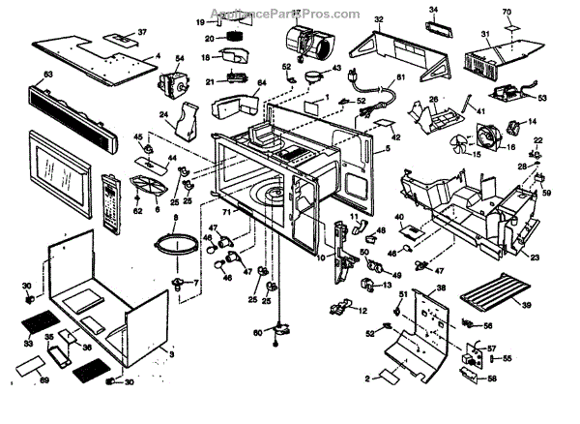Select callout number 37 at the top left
143,32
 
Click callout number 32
379,19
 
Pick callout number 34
433,9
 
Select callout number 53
542,98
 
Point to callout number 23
534,257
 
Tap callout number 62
137,209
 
